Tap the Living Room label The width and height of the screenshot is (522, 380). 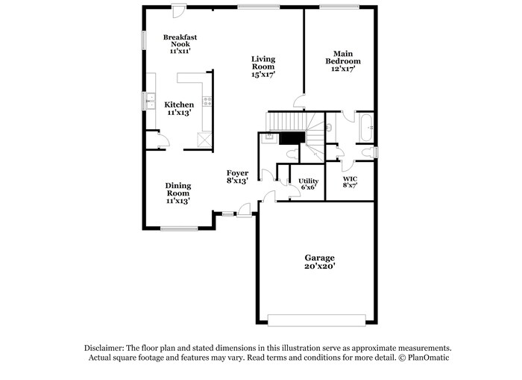tap(263, 66)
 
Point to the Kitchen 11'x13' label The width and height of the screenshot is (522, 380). tap(179, 108)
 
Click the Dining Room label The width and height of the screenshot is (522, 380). tap(178, 193)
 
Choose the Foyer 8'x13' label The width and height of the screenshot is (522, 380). tap(237, 177)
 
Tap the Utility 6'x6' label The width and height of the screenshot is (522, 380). tap(308, 184)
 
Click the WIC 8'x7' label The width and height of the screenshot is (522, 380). tap(350, 182)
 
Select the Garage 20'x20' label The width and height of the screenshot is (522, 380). tap(319, 261)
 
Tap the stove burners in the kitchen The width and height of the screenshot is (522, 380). tap(208, 101)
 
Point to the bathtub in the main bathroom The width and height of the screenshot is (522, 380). tap(365, 127)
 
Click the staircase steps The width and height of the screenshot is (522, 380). tap(287, 121)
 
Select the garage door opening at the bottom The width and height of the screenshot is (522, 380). tap(319, 320)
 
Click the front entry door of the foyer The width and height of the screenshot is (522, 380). tap(243, 214)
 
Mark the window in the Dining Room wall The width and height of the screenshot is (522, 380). tap(178, 228)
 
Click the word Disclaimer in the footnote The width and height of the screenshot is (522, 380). tap(104, 348)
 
